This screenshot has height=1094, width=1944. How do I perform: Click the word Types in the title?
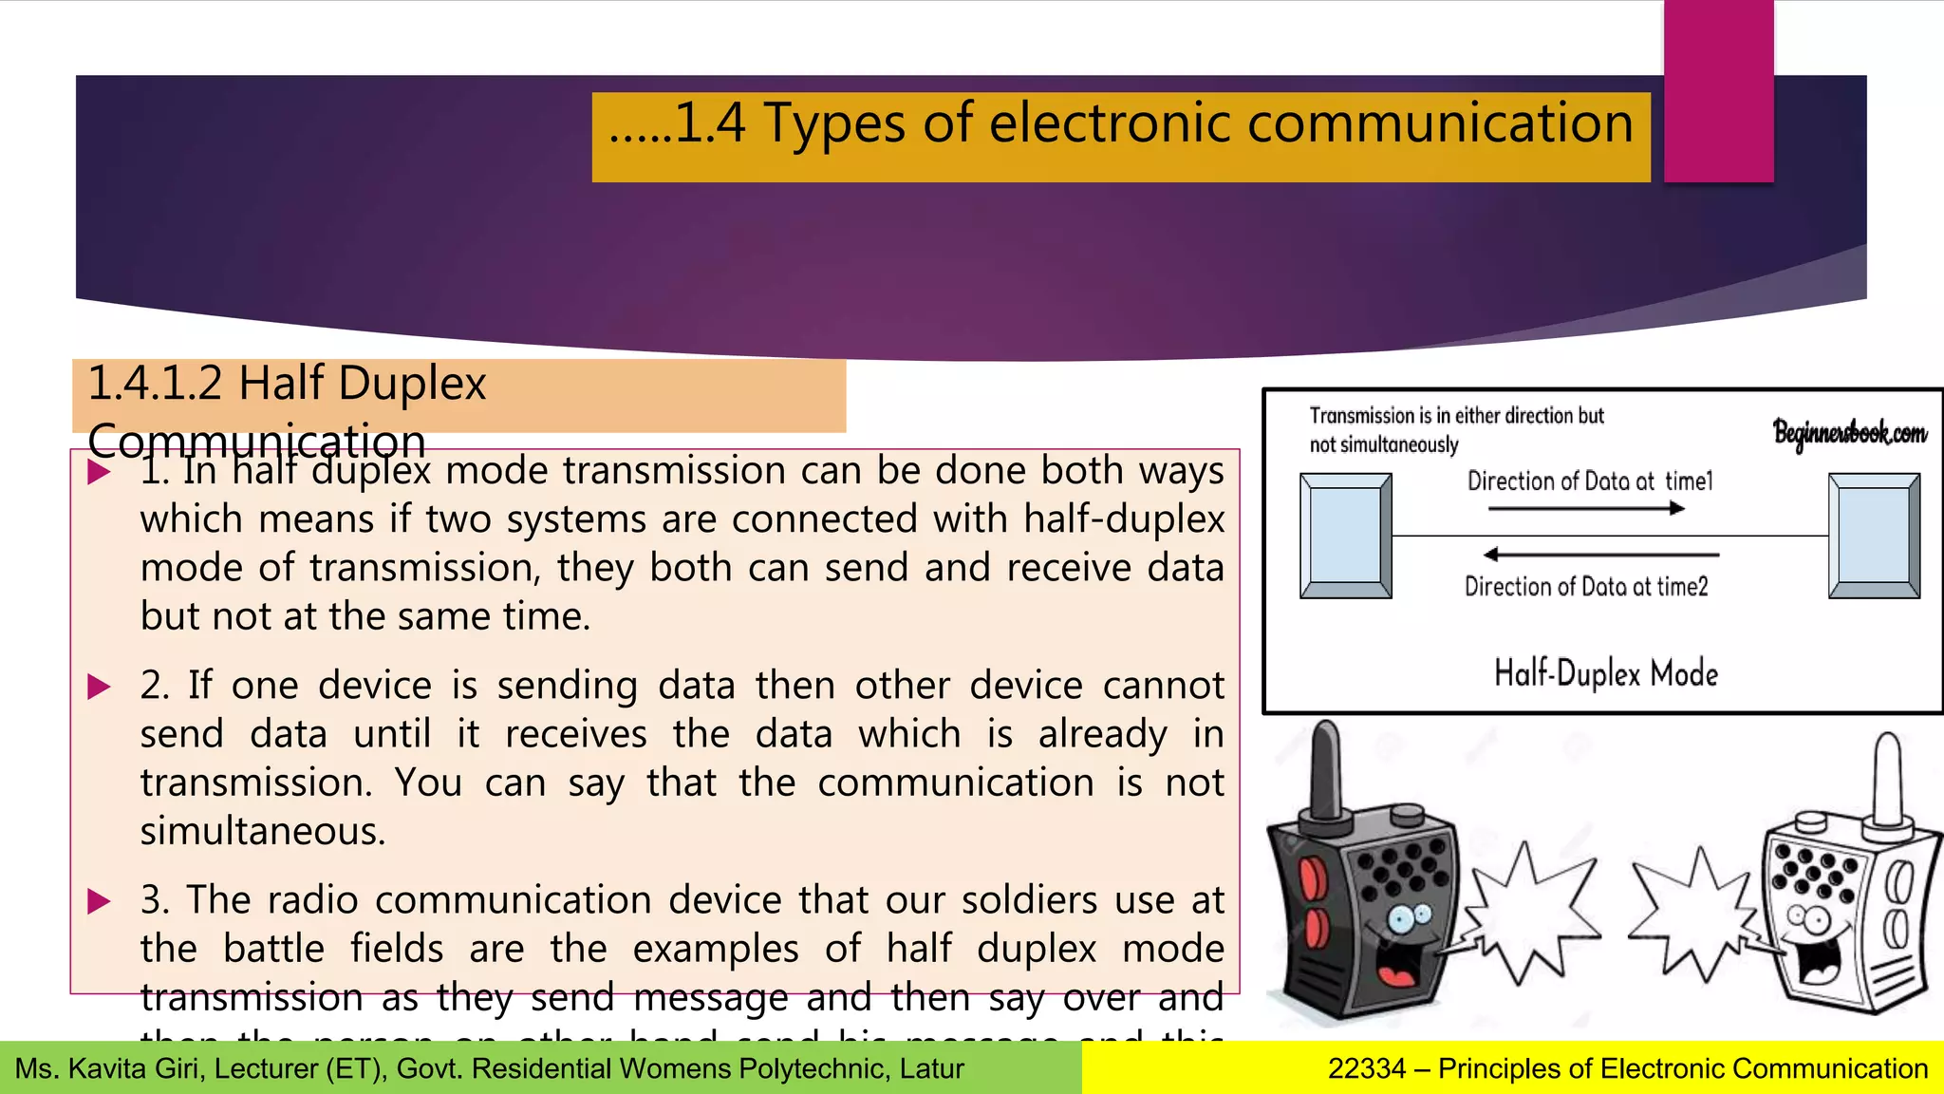click(833, 125)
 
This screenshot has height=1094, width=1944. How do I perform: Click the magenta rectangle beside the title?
click(1718, 90)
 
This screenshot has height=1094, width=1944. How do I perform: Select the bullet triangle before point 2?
click(99, 687)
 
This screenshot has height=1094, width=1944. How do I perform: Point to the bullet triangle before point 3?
click(99, 901)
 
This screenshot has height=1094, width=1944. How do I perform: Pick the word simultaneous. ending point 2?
click(263, 832)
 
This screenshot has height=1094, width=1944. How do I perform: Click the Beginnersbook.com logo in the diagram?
click(1849, 433)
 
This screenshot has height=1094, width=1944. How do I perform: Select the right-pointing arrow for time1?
click(1586, 509)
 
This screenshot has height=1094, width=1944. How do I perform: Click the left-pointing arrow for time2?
click(1600, 554)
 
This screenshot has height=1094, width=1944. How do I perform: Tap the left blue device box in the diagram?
click(1345, 536)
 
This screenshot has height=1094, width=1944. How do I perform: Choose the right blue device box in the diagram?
click(1874, 536)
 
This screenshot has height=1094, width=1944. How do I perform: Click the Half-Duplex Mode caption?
click(1606, 673)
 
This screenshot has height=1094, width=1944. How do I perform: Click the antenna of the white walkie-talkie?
click(1887, 779)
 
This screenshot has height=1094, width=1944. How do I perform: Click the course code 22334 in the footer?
click(1366, 1069)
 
